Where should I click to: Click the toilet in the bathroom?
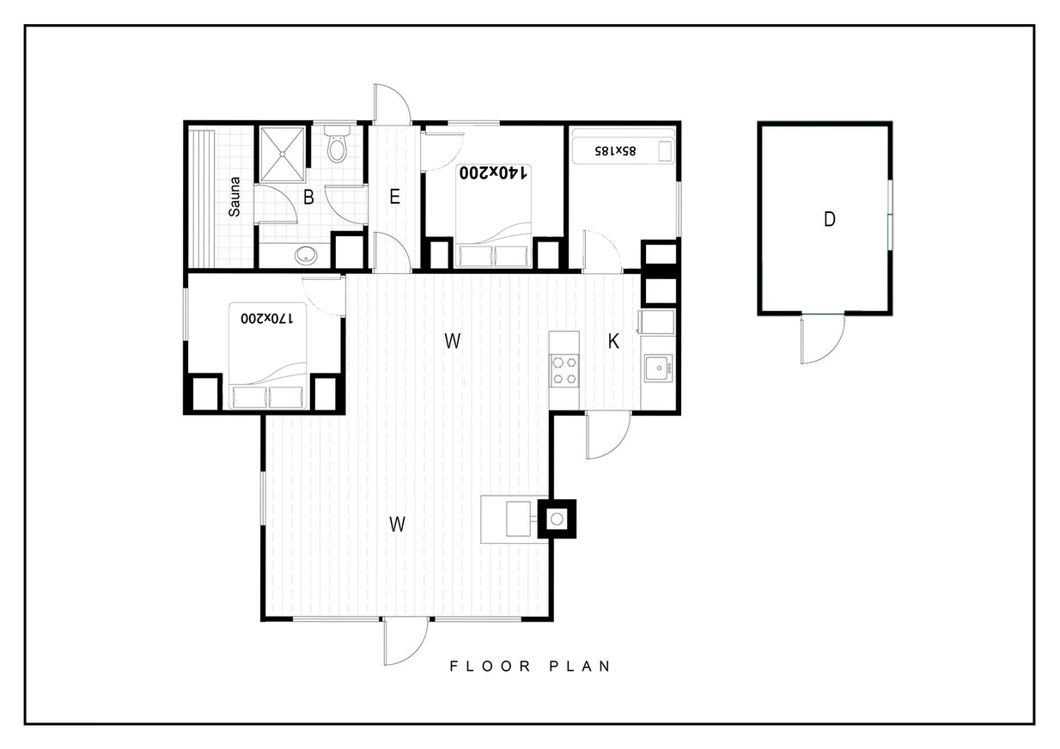coord(338,143)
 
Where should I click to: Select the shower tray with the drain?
coord(282,155)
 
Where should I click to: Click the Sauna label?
coord(235,197)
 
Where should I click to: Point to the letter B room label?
coord(308,198)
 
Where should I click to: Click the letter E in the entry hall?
coord(394,197)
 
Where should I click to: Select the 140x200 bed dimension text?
coord(493,174)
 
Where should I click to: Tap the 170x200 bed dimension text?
coord(267,319)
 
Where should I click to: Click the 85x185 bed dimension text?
coord(615,151)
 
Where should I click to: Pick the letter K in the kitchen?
coord(613,341)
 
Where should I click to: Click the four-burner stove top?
coord(564,370)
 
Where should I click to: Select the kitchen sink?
coord(658,368)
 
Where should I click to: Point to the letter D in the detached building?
coord(829,219)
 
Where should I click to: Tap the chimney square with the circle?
coord(557,519)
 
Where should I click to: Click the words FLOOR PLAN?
coord(530,667)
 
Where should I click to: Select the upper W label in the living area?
coord(453,341)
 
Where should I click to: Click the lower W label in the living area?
coord(397,524)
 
